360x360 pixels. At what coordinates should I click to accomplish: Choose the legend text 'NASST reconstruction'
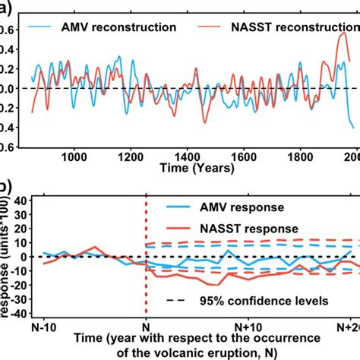(293, 27)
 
